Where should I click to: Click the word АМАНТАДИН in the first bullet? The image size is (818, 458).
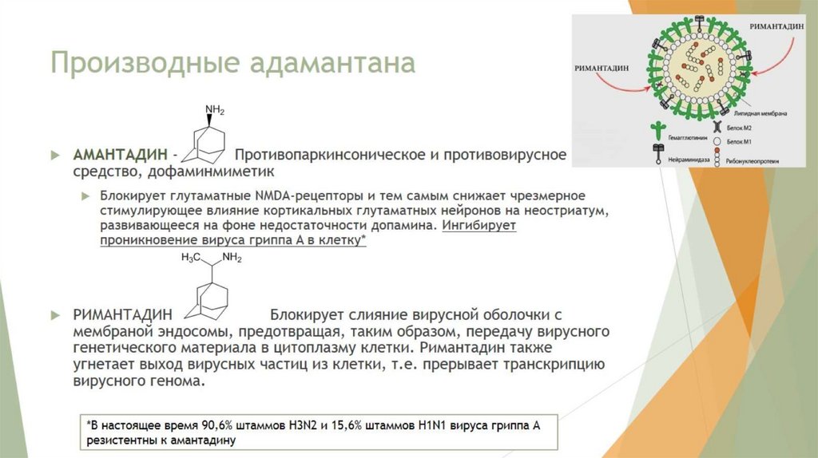pyautogui.click(x=119, y=152)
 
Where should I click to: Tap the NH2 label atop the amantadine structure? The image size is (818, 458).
pyautogui.click(x=215, y=110)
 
